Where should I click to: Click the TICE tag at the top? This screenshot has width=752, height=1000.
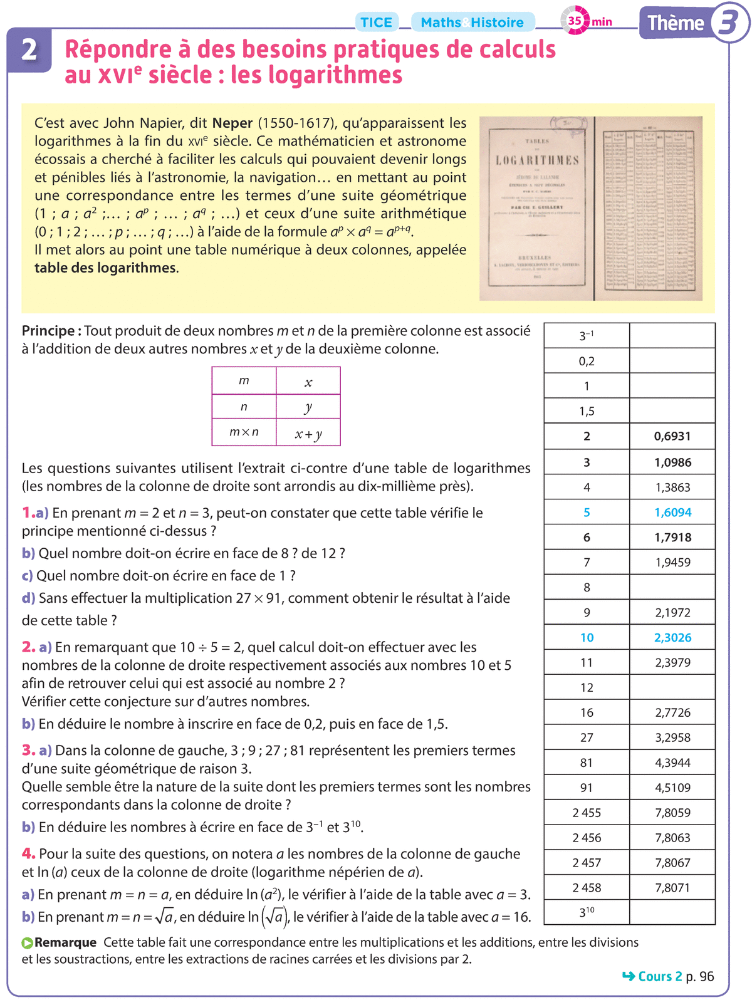tap(376, 23)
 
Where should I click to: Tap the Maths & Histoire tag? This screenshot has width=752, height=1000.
tap(473, 23)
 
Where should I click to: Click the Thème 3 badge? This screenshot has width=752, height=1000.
tap(693, 24)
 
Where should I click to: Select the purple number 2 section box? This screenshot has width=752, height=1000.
tap(29, 50)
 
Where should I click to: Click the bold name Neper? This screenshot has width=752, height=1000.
tap(232, 123)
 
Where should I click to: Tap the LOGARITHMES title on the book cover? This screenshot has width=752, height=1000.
tap(537, 160)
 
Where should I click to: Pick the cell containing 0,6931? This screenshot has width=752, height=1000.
tap(672, 436)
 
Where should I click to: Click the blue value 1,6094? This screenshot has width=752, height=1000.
tap(672, 512)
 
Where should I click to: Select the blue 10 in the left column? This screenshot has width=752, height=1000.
tap(587, 637)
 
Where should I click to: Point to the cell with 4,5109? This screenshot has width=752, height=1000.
tap(672, 788)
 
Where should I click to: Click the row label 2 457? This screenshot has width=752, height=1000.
tap(587, 863)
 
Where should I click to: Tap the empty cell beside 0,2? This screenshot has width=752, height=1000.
tap(672, 361)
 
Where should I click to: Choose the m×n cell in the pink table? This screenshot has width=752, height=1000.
tap(244, 432)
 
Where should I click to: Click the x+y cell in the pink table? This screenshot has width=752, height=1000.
tap(308, 433)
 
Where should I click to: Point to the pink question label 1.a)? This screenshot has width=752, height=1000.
tap(35, 513)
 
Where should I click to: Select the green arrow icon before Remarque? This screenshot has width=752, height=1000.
tap(28, 942)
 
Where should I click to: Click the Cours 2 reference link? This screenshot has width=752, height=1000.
tap(659, 976)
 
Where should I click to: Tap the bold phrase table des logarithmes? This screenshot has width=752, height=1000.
tap(105, 268)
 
